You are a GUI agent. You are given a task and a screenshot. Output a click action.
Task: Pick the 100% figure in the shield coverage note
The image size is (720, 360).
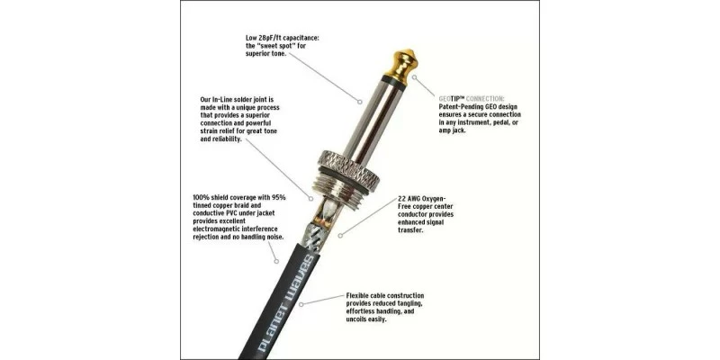[203, 198]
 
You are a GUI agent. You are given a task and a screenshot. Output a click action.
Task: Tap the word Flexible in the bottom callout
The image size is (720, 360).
[362, 295]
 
